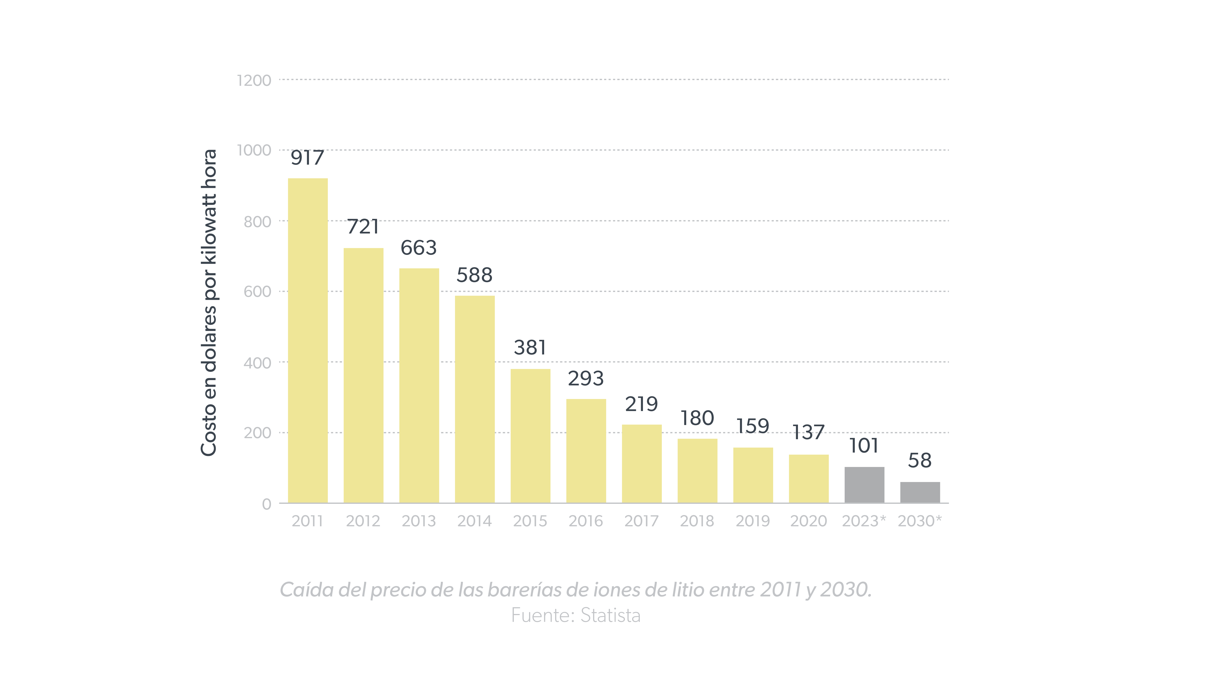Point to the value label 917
point(307,158)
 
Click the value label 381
point(530,347)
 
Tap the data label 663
point(418,248)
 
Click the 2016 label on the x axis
point(586,521)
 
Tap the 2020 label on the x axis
point(808,521)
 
